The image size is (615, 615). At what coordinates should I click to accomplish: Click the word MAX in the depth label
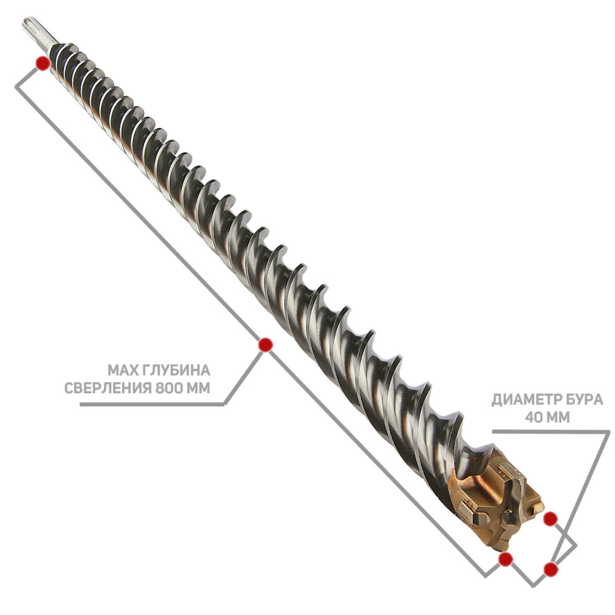click(x=120, y=370)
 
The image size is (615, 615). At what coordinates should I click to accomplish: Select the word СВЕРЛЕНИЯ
click(x=108, y=388)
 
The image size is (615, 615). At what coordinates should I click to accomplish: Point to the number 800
click(x=169, y=388)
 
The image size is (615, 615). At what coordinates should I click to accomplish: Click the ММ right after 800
click(x=198, y=388)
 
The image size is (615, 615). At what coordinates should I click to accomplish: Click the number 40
click(x=534, y=417)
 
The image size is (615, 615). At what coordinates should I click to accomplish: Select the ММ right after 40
click(x=559, y=417)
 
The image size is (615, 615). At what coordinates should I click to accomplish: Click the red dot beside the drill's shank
click(x=42, y=63)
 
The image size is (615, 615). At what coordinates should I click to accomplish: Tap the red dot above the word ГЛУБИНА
click(x=266, y=345)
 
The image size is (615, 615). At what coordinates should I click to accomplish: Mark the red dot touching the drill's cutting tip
click(x=505, y=559)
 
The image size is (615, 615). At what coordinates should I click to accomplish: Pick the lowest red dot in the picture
click(x=551, y=569)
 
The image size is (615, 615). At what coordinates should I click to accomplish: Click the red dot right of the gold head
click(x=550, y=519)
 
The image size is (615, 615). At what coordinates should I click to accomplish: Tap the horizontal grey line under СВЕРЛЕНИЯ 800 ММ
click(x=152, y=405)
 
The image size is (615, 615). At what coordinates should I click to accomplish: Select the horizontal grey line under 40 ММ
click(x=551, y=431)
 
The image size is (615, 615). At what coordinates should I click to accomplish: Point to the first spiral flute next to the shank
click(x=59, y=53)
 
